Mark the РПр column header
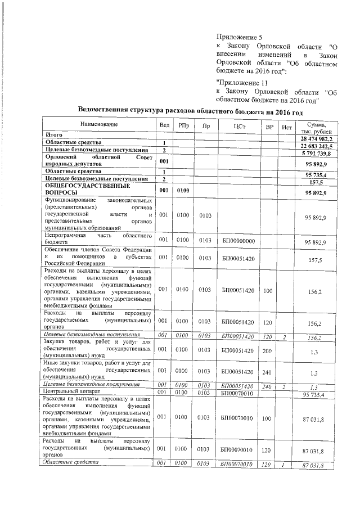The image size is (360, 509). [x=183, y=127]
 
